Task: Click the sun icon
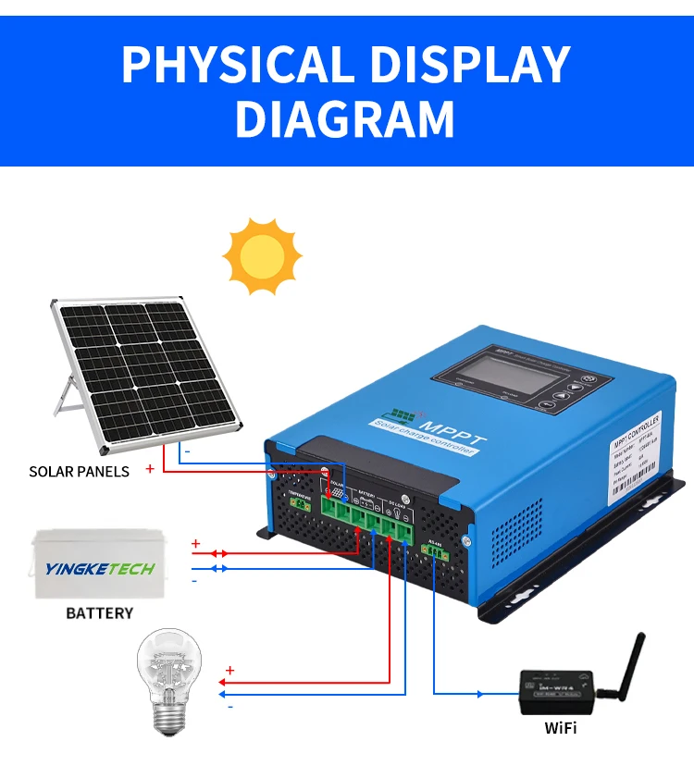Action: [x=263, y=256]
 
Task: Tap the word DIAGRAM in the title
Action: [x=344, y=119]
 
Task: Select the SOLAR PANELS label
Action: [x=80, y=471]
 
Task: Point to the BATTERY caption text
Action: [x=100, y=612]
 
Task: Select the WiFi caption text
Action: [x=560, y=728]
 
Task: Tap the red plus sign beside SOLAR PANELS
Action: [x=150, y=469]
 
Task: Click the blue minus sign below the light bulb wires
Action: [x=230, y=706]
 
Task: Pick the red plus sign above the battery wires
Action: [x=195, y=543]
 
